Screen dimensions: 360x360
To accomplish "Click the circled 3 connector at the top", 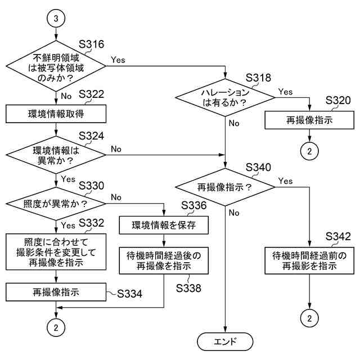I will click(x=56, y=19).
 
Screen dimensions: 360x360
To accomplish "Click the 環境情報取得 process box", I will click(x=56, y=114).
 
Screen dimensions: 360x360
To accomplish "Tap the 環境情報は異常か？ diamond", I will click(x=56, y=155).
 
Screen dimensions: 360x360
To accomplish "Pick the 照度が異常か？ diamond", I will click(x=56, y=201).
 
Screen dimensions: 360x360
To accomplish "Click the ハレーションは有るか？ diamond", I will click(x=225, y=97).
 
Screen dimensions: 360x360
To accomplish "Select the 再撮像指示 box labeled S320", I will click(x=309, y=120).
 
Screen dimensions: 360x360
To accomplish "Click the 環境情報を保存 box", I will click(x=163, y=225).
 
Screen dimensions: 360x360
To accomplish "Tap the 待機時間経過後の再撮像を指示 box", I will click(x=163, y=260).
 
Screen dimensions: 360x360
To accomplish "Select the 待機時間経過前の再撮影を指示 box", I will click(x=309, y=260).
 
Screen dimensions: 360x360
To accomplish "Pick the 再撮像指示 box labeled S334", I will click(x=56, y=292).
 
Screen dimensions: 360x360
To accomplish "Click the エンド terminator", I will click(x=225, y=341).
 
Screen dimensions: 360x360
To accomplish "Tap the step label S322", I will click(x=92, y=94).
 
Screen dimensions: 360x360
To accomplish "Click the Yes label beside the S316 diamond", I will click(x=118, y=59).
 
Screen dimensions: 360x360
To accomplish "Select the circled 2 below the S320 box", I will click(x=309, y=151).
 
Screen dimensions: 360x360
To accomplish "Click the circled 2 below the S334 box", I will click(x=56, y=326).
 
